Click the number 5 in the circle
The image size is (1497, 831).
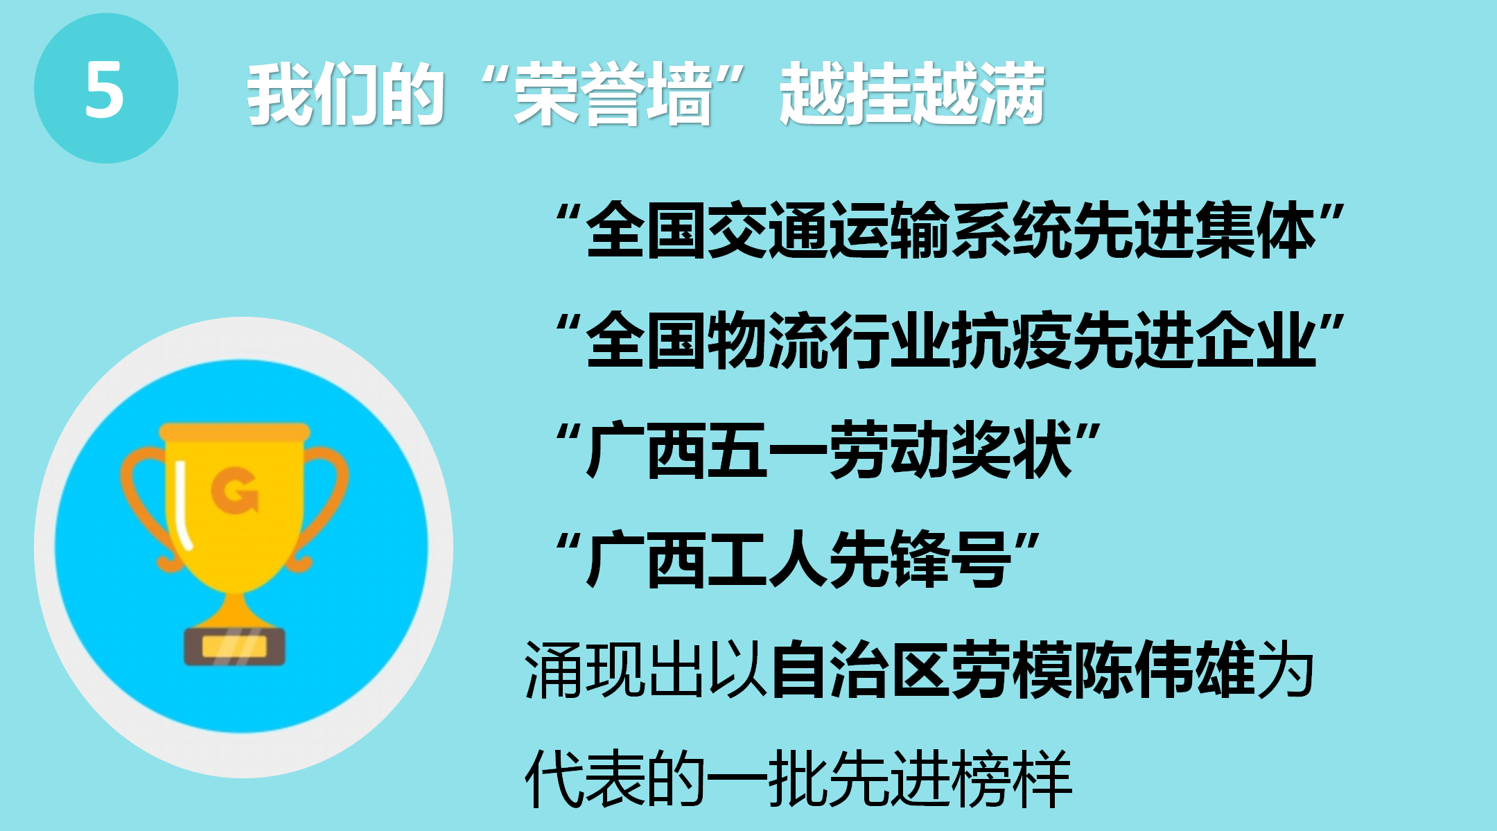[105, 89]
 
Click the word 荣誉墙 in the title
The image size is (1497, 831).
[613, 94]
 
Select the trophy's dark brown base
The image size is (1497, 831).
[234, 647]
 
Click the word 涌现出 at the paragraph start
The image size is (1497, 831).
[615, 670]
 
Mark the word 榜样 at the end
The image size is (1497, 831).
[1012, 778]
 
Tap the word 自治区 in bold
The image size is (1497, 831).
[859, 670]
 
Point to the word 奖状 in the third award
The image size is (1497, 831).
[1011, 451]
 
